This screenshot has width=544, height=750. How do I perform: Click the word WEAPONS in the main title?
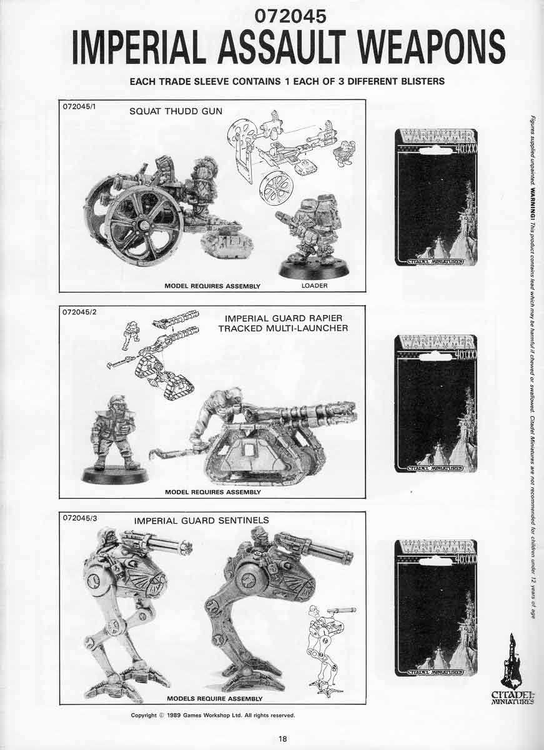427,46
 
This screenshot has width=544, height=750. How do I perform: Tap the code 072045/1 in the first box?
80,106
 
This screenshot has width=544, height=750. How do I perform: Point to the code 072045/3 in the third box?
80,518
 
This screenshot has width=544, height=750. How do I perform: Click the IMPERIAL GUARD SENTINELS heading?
202,520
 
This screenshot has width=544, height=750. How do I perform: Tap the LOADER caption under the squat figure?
314,286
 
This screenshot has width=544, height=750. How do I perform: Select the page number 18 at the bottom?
283,738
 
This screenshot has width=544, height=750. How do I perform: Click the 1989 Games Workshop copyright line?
212,715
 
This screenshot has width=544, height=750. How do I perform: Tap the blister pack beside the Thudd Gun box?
437,197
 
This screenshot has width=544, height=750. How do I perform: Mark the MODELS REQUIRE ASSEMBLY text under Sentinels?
214,698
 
